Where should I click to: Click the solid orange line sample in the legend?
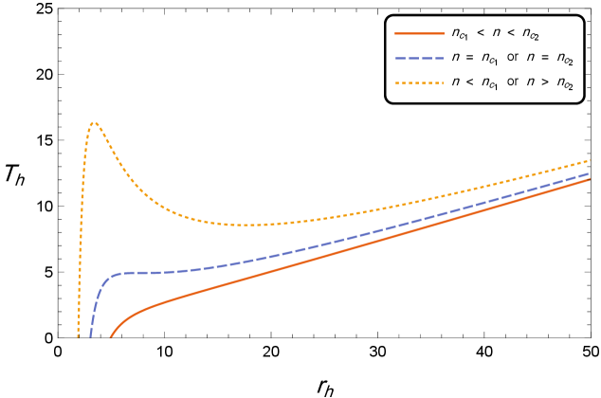tap(419, 33)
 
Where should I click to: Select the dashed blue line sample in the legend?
tap(419, 59)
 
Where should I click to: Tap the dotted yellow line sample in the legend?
tap(419, 83)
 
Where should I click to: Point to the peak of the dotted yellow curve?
tap(93, 122)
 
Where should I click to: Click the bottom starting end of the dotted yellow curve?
tap(78, 335)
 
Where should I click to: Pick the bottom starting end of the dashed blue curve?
tap(91, 335)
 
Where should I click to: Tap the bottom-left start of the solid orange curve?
tap(111, 336)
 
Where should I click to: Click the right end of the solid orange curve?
tap(590, 178)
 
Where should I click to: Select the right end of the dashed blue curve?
tap(590, 173)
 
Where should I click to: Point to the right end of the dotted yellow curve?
tap(590, 159)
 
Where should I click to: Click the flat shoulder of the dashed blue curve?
tap(142, 273)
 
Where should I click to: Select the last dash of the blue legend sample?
tap(439, 59)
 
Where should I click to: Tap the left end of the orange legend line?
tap(396, 33)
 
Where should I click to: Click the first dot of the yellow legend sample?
tap(397, 83)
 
